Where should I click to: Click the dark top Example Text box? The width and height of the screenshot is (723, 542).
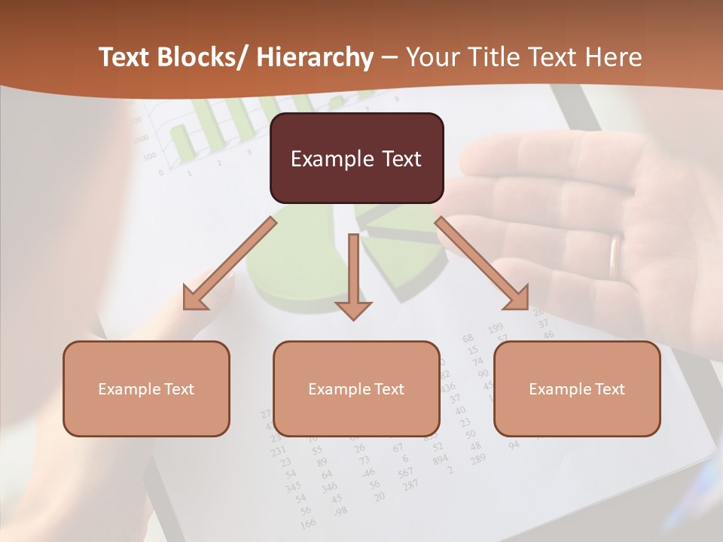pos(356,158)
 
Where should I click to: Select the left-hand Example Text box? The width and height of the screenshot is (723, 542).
pos(146,388)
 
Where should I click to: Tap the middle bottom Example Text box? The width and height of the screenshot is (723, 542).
pos(356,388)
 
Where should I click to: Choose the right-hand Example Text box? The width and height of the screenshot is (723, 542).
pos(577,388)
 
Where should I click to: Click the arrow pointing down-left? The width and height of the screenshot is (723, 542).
pos(230,263)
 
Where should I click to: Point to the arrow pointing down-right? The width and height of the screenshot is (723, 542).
pos(482,263)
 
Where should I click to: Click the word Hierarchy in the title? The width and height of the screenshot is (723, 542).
pos(314,57)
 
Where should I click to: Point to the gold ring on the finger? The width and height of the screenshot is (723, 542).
pos(616,256)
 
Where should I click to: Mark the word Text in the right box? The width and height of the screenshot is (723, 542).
pos(609,388)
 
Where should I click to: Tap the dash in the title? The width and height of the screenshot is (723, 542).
pos(389,57)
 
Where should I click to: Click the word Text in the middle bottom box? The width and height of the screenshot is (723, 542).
pos(388,388)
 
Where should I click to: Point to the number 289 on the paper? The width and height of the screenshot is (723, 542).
pos(477,457)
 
